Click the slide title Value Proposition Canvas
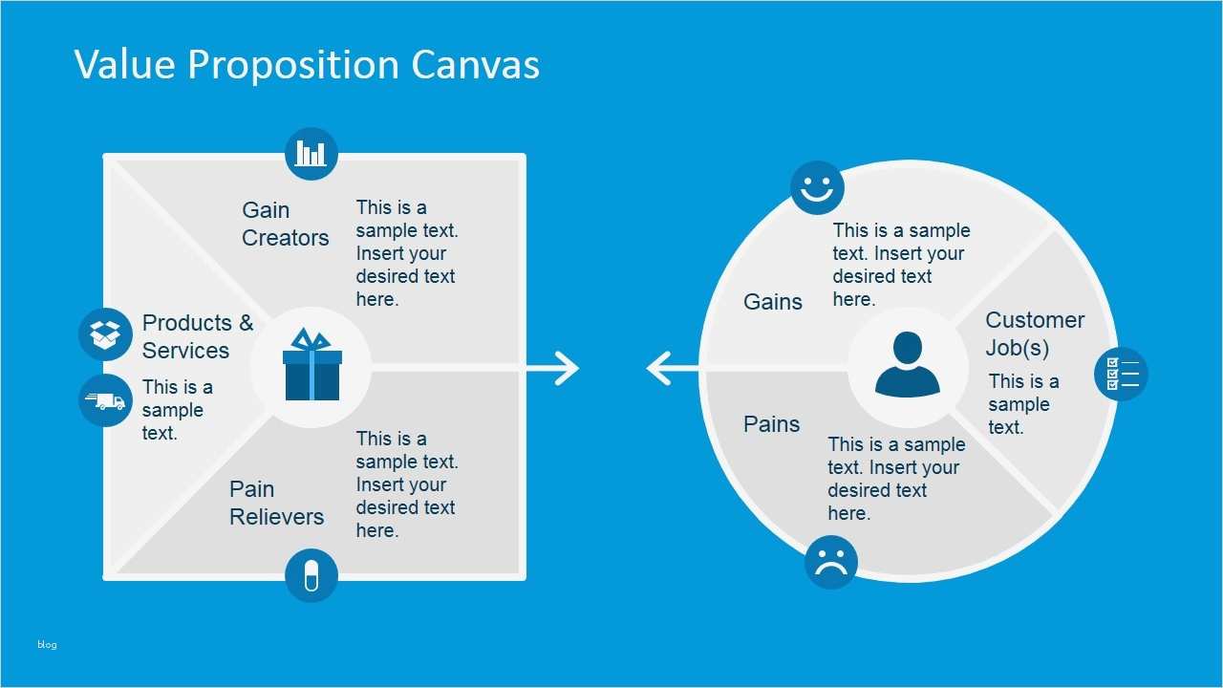pos(307,65)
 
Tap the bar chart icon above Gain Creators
pos(311,153)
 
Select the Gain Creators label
pos(285,224)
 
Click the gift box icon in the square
pos(311,366)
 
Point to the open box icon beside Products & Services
pos(105,334)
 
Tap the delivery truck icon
pos(105,400)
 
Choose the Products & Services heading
pos(197,336)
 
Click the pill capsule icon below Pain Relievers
pos(311,575)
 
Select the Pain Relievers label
pos(276,503)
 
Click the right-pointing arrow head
pos(567,368)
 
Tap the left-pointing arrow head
pos(659,368)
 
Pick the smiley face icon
pos(817,187)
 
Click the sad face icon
pos(831,562)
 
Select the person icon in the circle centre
pos(908,365)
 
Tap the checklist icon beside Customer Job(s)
pos(1121,374)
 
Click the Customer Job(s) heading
pos(1035,333)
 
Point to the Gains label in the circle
pos(773,302)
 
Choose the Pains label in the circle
pos(772,424)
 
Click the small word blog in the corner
pos(47,645)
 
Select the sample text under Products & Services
pos(177,410)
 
